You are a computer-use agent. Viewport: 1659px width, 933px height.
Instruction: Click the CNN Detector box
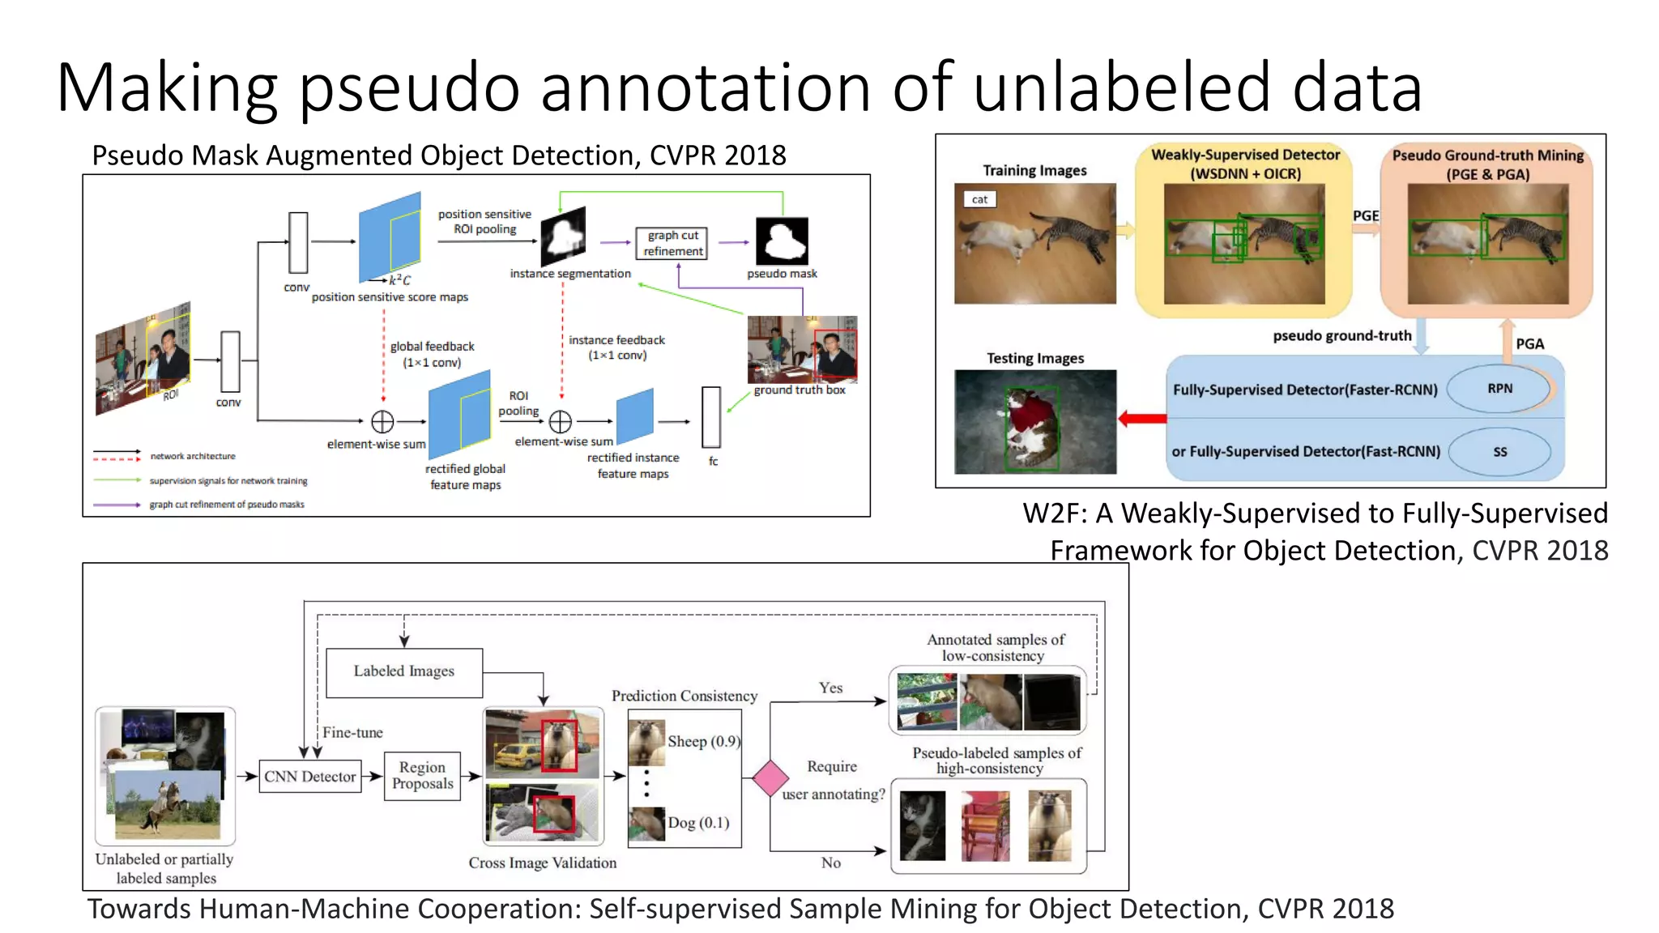pyautogui.click(x=310, y=776)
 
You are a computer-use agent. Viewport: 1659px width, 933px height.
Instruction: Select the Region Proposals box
pyautogui.click(x=422, y=776)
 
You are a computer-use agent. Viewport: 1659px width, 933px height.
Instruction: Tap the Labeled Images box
pyautogui.click(x=403, y=671)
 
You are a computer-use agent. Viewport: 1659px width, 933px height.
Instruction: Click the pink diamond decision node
pyautogui.click(x=770, y=778)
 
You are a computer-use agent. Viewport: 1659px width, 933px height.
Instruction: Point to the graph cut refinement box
pyautogui.click(x=672, y=243)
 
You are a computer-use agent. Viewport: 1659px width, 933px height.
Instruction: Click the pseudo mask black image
pyautogui.click(x=782, y=241)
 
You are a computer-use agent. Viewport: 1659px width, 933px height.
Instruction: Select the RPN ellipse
pyautogui.click(x=1499, y=389)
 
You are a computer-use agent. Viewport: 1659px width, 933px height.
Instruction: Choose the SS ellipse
pyautogui.click(x=1499, y=452)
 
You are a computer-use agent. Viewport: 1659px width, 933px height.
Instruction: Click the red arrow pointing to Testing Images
pyautogui.click(x=1142, y=419)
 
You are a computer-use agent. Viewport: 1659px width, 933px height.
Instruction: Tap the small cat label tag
pyautogui.click(x=979, y=199)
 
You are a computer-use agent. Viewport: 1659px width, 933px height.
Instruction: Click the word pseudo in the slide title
pyautogui.click(x=409, y=89)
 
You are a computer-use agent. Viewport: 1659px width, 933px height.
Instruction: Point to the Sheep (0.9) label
pyautogui.click(x=703, y=741)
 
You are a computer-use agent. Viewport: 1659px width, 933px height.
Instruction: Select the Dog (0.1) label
pyautogui.click(x=698, y=823)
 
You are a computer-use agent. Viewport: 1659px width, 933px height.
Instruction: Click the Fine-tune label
pyautogui.click(x=352, y=732)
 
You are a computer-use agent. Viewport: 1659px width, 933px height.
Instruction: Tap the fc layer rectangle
pyautogui.click(x=711, y=417)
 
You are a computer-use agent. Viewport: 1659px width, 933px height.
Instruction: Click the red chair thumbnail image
pyautogui.click(x=985, y=826)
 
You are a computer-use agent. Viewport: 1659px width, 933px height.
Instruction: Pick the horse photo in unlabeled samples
pyautogui.click(x=168, y=803)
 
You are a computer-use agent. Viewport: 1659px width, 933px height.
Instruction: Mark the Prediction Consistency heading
pyautogui.click(x=684, y=696)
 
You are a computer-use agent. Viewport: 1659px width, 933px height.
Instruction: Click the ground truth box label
pyautogui.click(x=800, y=390)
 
